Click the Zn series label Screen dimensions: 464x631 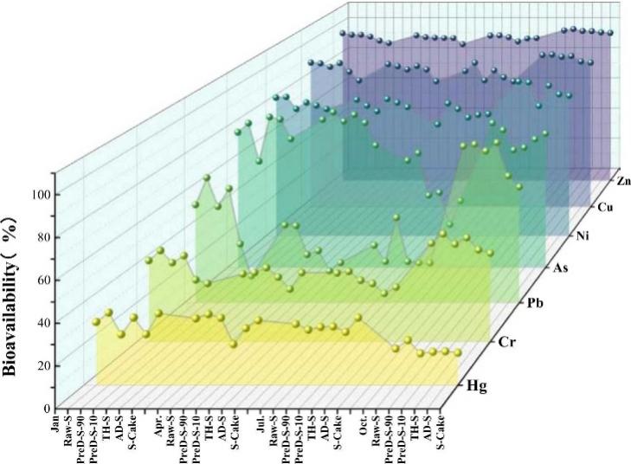coord(624,182)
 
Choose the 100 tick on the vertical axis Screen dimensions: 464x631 coord(40,194)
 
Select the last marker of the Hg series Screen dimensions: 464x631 coord(458,352)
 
